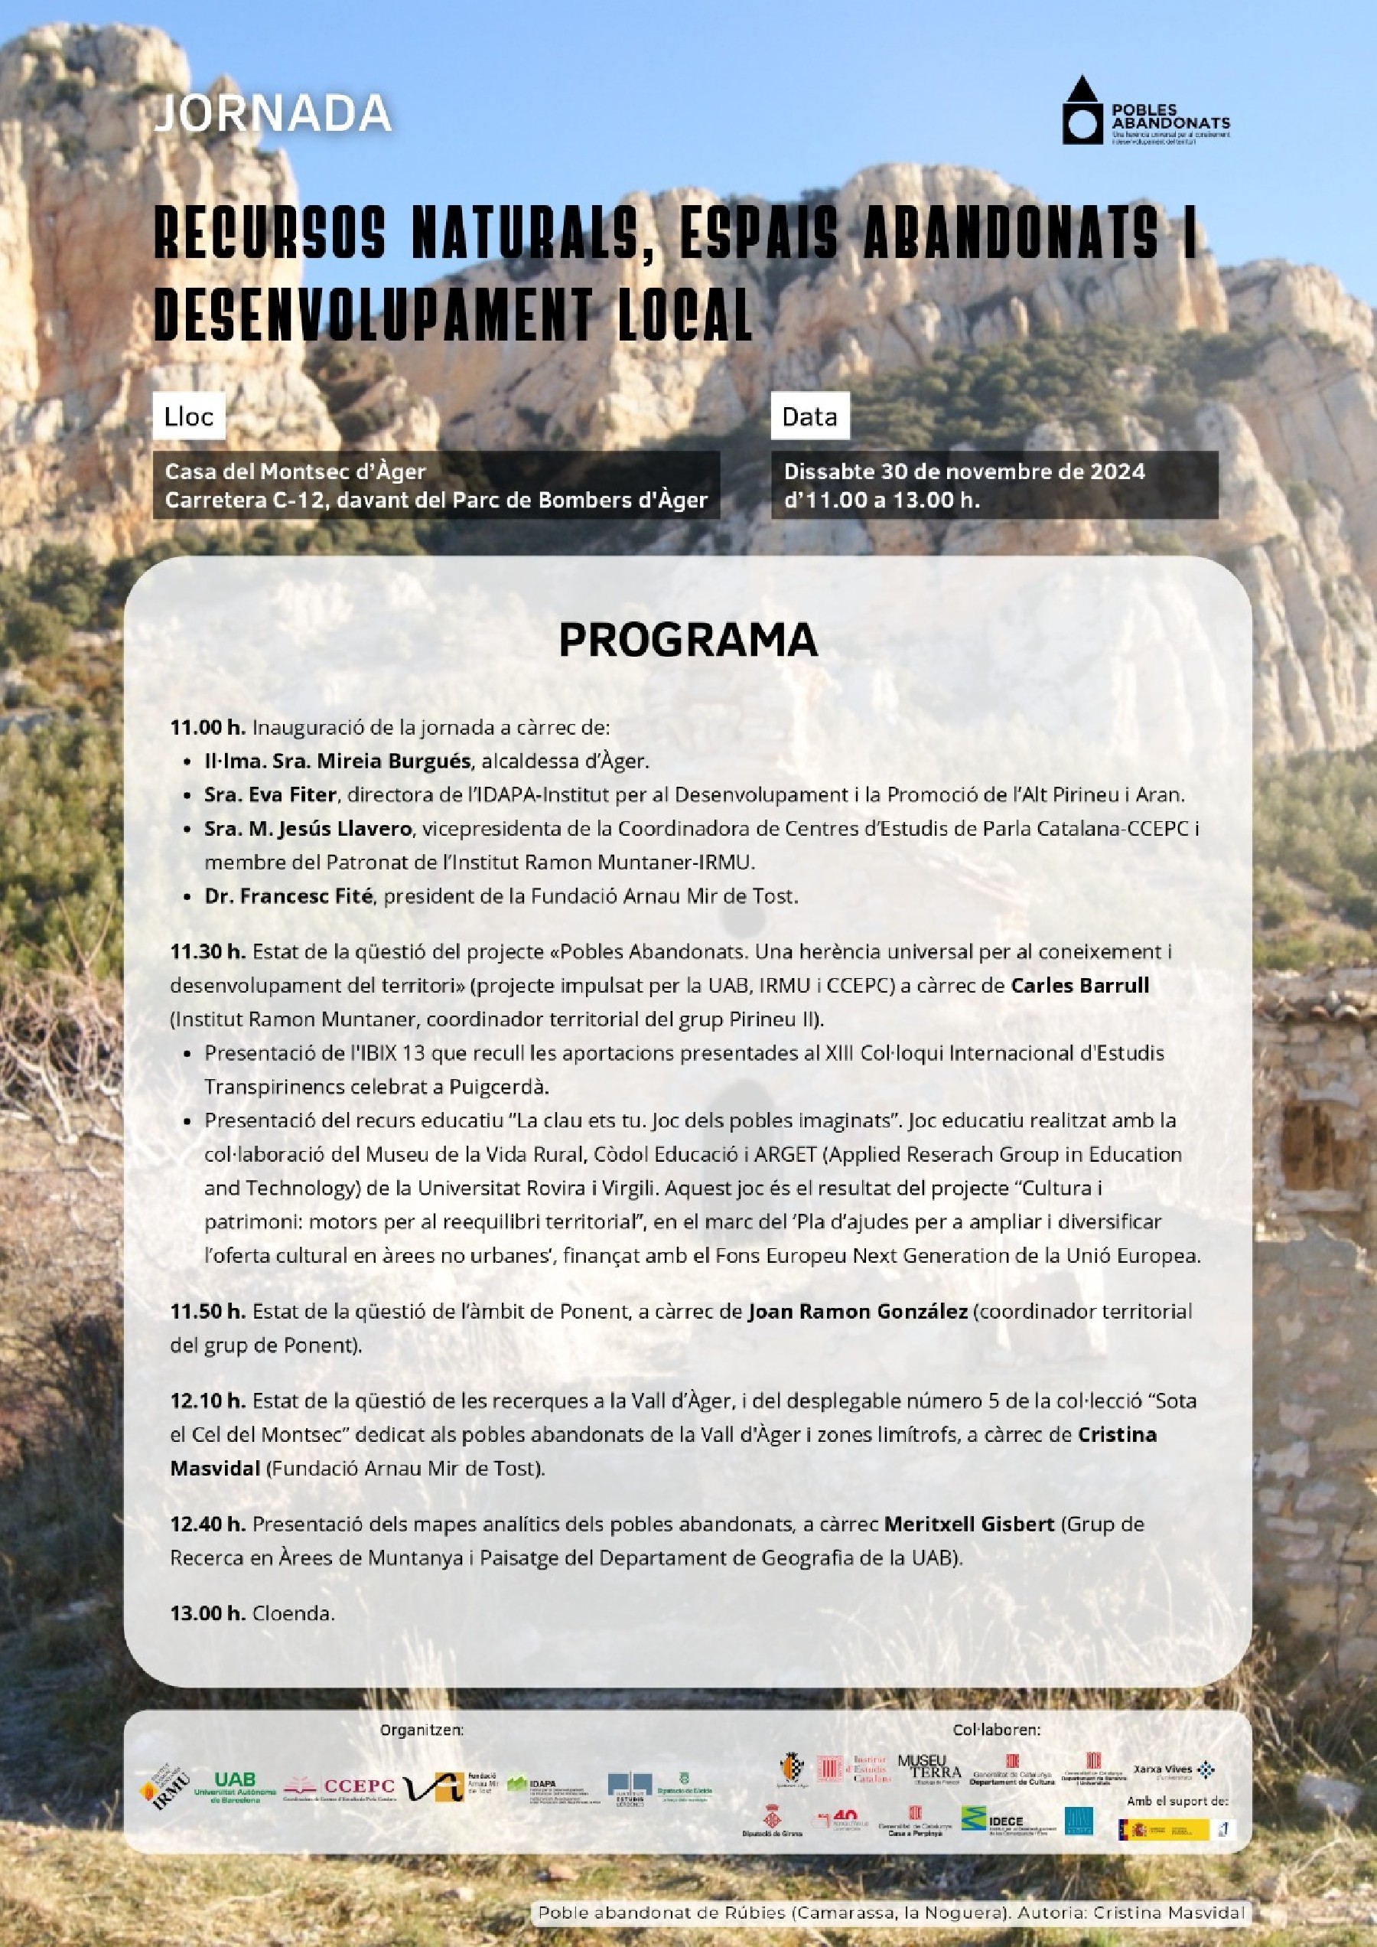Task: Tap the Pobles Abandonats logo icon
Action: (1082, 111)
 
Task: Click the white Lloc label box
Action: (189, 416)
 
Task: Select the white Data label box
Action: (809, 416)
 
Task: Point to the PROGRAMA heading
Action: (688, 641)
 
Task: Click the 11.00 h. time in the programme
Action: (208, 727)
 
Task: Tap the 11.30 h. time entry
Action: (208, 951)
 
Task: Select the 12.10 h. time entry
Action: (208, 1401)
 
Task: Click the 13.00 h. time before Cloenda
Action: (208, 1613)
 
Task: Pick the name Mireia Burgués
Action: (392, 761)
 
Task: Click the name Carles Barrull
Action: (1079, 985)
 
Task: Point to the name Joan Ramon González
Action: (858, 1312)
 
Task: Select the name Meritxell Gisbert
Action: (969, 1524)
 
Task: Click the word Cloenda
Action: (293, 1613)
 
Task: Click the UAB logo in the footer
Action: (234, 1788)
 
